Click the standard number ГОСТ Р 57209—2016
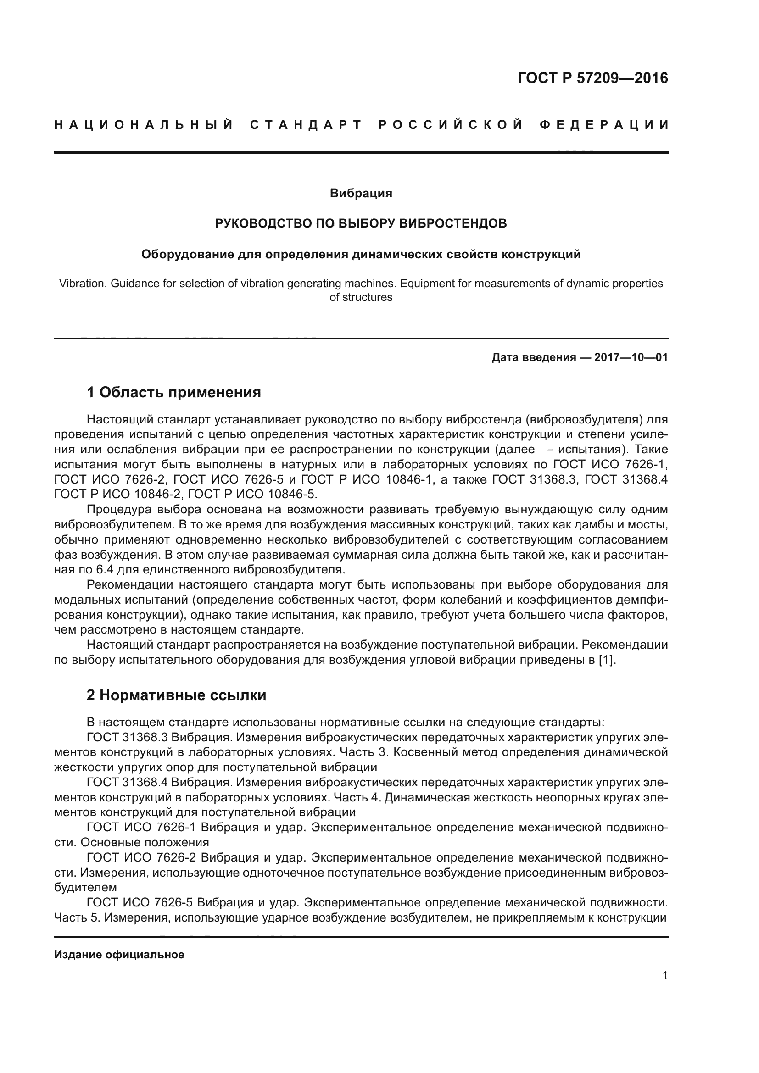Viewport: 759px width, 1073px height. (x=592, y=78)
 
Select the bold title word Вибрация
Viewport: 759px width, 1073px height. (x=361, y=193)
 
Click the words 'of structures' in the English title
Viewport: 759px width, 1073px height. (x=361, y=297)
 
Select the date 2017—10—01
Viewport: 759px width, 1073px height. (x=631, y=357)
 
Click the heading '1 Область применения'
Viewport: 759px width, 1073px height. (x=174, y=393)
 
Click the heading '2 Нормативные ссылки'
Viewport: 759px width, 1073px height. (x=176, y=695)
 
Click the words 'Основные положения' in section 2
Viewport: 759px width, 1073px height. (x=145, y=842)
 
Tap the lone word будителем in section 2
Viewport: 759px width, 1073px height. (x=85, y=887)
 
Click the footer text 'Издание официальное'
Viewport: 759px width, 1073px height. (x=119, y=954)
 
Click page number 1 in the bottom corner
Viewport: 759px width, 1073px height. (x=665, y=975)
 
